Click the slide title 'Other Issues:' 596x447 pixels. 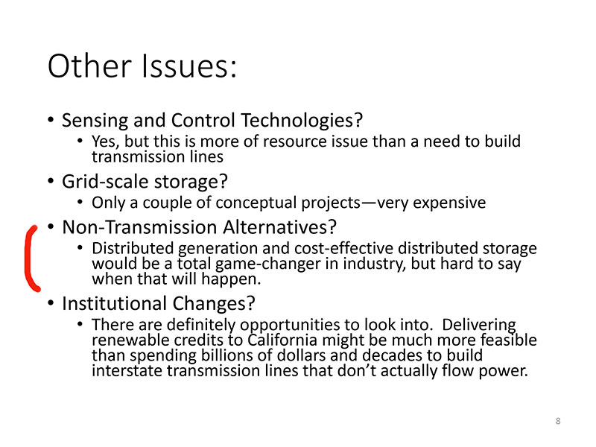pos(142,66)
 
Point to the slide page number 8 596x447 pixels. pos(558,421)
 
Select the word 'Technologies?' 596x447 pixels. pos(302,120)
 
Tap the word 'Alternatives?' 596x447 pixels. pos(280,227)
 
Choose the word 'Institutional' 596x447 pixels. pos(115,303)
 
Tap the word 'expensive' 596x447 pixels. pos(449,203)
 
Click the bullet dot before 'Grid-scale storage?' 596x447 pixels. pos(51,181)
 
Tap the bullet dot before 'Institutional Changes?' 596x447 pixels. pos(51,303)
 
